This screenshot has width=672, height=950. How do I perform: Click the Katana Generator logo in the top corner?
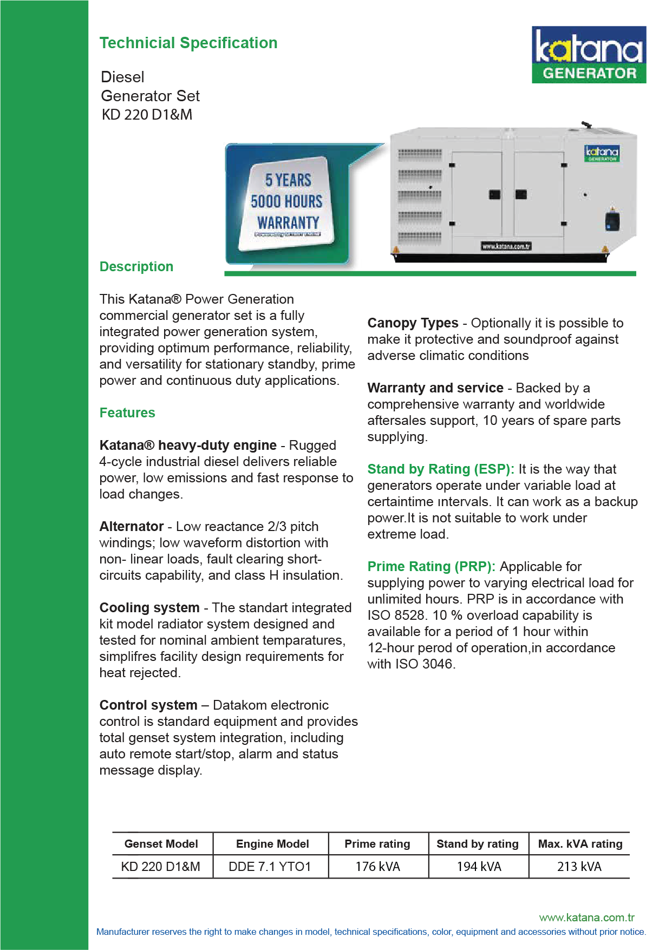pos(589,55)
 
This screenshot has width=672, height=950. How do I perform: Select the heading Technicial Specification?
pos(188,43)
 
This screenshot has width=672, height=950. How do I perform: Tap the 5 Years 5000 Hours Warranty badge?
pos(287,204)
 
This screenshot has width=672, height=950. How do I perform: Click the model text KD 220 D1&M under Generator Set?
pos(147,115)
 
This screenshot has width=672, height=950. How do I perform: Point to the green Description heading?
pos(136,267)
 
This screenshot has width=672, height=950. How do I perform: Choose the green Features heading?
pos(127,413)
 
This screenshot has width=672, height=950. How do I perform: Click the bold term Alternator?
pos(132,527)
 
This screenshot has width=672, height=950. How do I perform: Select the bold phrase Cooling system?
pos(149,608)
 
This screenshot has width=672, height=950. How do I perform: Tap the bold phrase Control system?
pos(148,705)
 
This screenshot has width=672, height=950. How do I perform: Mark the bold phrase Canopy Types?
pos(413,323)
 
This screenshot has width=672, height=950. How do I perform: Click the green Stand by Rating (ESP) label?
pos(441,469)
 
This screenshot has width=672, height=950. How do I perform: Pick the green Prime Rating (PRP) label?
pos(432,567)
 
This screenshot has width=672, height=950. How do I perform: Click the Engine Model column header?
pos(272,844)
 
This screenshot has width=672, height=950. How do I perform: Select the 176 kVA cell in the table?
pos(377,867)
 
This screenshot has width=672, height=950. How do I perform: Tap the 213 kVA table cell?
pos(579,867)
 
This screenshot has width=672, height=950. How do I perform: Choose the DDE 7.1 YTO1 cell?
pos(270,867)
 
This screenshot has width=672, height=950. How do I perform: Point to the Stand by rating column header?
pos(478,844)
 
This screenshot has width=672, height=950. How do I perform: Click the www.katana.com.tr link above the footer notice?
pos(586,918)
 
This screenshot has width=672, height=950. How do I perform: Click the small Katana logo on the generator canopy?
pos(601,153)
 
